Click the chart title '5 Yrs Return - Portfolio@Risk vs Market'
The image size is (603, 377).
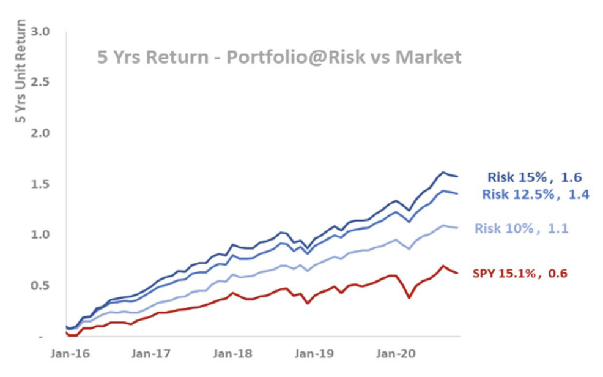click(x=279, y=58)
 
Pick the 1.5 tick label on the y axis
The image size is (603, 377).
click(x=49, y=184)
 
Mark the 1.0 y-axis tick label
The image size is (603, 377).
click(x=49, y=235)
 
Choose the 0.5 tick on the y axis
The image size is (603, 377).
click(x=49, y=286)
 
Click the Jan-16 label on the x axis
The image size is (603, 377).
click(x=68, y=354)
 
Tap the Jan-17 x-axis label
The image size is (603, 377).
click(x=150, y=354)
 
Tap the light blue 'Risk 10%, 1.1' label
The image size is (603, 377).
click(x=522, y=228)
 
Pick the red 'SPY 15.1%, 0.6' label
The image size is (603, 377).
click(x=520, y=273)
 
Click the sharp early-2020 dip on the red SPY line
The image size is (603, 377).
click(x=409, y=298)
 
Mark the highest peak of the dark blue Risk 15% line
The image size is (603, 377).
click(x=443, y=173)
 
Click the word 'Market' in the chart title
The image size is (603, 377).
click(x=428, y=58)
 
